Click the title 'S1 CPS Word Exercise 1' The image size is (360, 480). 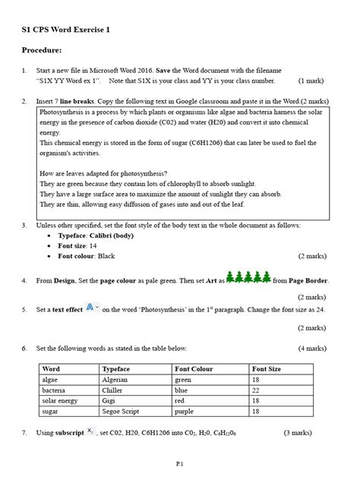coord(65,30)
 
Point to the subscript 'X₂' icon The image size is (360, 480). coord(90,431)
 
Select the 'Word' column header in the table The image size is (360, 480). coord(52,368)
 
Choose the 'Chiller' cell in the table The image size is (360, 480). coord(113,390)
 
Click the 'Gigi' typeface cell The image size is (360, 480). coord(109,400)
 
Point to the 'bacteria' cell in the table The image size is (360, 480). coord(55,390)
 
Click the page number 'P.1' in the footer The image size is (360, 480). coord(180,462)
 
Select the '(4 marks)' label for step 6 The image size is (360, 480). coord(312,348)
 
